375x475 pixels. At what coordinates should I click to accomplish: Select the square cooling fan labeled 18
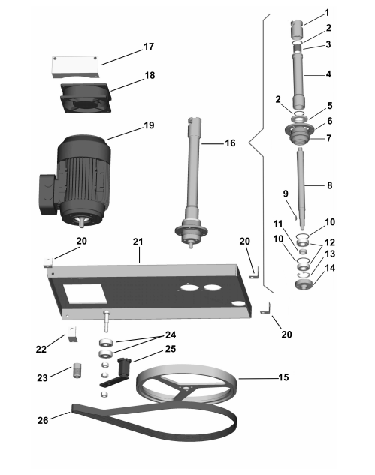[86, 98]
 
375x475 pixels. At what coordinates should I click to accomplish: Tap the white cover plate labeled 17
[74, 67]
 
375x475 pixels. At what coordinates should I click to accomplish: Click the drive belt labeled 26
[155, 422]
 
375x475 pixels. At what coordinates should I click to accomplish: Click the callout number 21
[138, 242]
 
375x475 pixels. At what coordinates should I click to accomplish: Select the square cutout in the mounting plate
[85, 294]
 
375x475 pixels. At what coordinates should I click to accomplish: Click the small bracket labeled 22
[72, 335]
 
